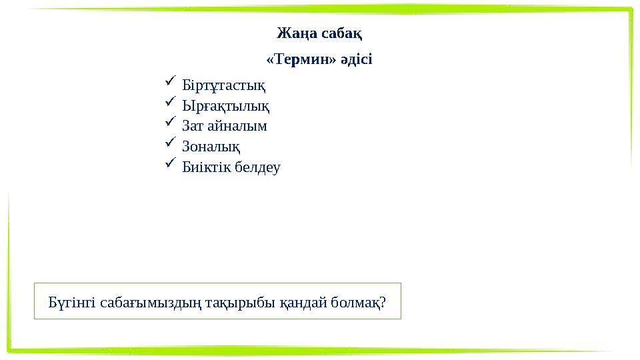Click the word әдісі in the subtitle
[x=356, y=59]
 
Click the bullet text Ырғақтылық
[x=226, y=106]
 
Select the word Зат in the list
[x=193, y=126]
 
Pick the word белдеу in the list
[x=257, y=167]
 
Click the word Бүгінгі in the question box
[x=73, y=303]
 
